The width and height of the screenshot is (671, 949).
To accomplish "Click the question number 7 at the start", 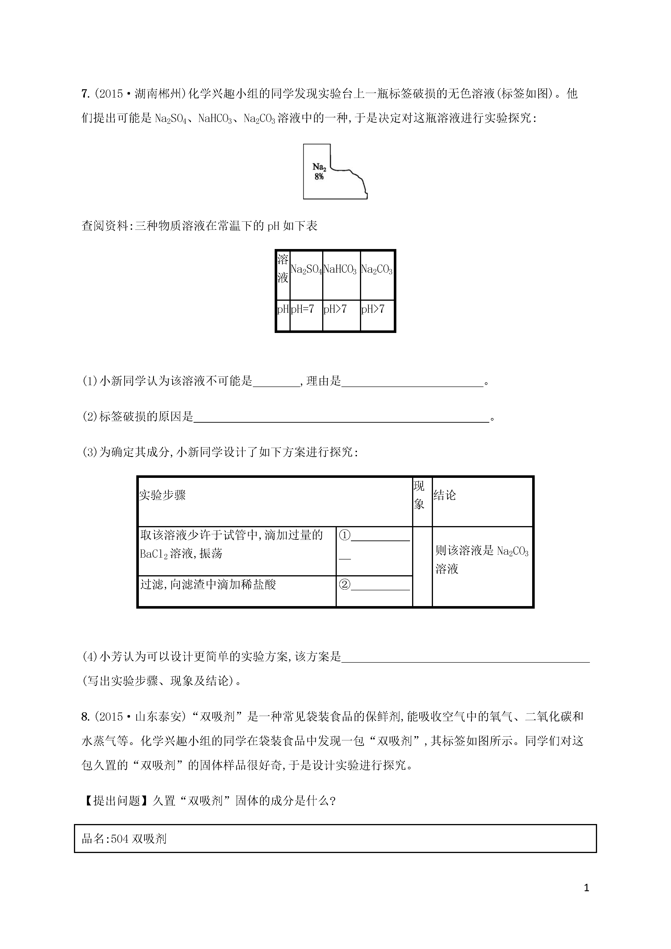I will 85,94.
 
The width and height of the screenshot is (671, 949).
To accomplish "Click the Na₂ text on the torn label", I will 319,167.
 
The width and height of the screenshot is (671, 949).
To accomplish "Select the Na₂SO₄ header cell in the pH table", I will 306,269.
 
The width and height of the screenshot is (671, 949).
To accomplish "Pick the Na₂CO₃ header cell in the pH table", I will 376,269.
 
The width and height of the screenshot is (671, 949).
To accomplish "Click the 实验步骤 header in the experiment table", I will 162,495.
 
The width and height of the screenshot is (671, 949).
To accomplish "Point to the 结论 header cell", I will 445,495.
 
